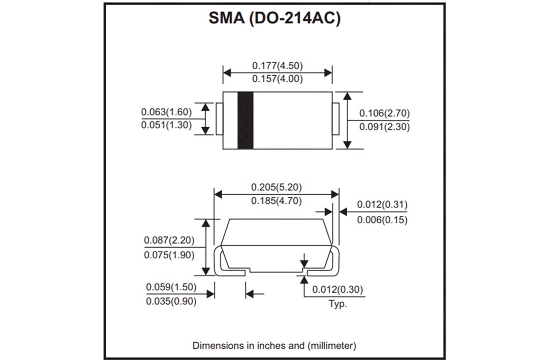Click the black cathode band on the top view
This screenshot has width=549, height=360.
point(246,121)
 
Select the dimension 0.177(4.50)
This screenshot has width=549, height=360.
point(278,66)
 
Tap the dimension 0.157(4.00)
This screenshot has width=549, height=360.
point(278,79)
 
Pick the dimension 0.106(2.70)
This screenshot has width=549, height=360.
point(384,113)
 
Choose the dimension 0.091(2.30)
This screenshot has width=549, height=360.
point(384,127)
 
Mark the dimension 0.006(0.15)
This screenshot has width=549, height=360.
point(382,220)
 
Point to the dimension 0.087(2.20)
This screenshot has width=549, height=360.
point(169,240)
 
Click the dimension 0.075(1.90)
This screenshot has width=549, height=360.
point(169,255)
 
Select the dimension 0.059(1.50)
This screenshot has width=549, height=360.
point(171,287)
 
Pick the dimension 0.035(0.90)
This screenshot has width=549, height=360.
point(171,301)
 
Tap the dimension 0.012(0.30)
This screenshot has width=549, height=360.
point(338,290)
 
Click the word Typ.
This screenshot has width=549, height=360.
point(338,304)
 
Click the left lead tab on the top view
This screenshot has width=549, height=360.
point(219,119)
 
